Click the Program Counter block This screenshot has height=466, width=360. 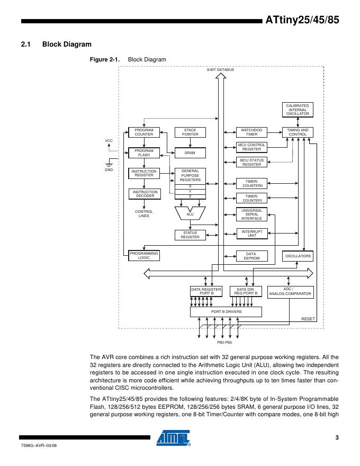143,132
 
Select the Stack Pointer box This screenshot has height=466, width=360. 190,132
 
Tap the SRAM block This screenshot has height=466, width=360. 190,153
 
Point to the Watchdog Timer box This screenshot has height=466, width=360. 251,132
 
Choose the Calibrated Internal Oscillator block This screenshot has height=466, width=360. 298,110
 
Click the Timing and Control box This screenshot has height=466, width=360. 298,132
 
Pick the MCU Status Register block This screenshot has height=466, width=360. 251,163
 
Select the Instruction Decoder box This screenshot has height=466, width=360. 143,194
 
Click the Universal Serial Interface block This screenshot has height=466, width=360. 251,214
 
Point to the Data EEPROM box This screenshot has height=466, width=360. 251,256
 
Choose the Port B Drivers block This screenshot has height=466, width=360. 226,312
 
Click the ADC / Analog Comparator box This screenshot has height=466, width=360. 290,291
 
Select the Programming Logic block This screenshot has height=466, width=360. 143,256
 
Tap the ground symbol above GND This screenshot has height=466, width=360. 109,164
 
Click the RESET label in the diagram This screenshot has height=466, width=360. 308,319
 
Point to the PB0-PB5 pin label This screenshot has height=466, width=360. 225,343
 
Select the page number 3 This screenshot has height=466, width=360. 337,437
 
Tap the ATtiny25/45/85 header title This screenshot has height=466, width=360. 302,21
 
